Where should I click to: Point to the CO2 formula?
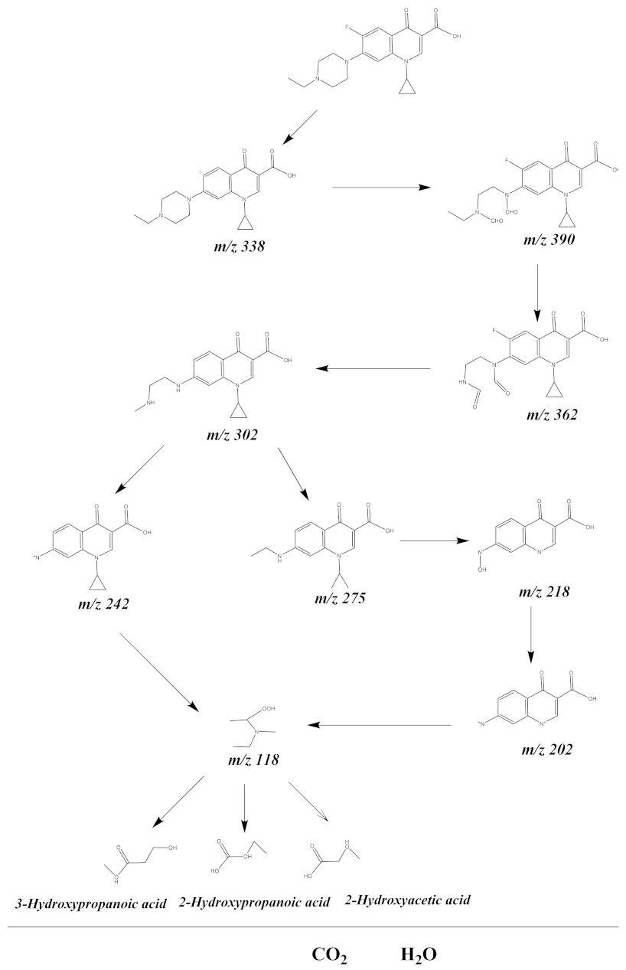tap(331, 955)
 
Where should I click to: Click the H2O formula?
tap(419, 955)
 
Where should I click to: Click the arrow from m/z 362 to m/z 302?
tap(374, 369)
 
